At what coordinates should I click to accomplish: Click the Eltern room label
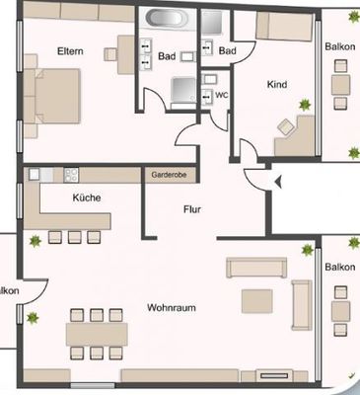point(70,51)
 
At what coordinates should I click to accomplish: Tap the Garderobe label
point(169,175)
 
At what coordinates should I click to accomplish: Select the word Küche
point(87,197)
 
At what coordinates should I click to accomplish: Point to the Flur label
point(192,209)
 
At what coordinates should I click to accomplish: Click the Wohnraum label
point(172,308)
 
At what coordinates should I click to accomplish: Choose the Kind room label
point(277,85)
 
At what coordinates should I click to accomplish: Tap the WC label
point(222,95)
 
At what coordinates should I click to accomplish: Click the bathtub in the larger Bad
point(167,18)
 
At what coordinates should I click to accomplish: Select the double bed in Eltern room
point(56,96)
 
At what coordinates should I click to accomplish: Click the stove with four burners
point(71,175)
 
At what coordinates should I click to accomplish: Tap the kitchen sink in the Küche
point(35,174)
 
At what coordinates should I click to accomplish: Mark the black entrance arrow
point(278,182)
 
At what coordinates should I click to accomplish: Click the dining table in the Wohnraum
point(97,334)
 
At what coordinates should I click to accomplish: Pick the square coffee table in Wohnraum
point(257,301)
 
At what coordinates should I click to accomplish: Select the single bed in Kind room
point(284,27)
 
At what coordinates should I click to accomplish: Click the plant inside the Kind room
point(305,105)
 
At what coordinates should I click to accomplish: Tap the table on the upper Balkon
point(340,85)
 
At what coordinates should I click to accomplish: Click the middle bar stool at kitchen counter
point(75,237)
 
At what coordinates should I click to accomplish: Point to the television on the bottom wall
point(274,375)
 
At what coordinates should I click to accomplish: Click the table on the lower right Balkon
point(340,312)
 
